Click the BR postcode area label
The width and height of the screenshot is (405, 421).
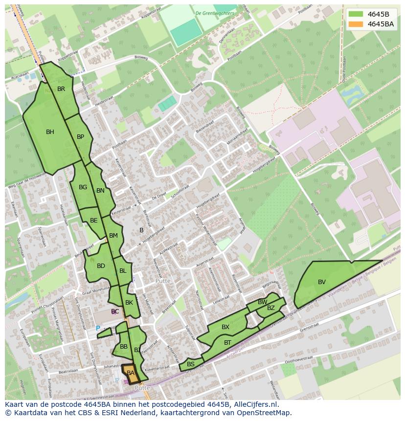pyautogui.click(x=61, y=89)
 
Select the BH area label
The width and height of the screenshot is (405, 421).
pyautogui.click(x=50, y=132)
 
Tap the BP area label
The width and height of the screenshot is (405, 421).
pyautogui.click(x=81, y=137)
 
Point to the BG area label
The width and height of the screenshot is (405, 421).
pyautogui.click(x=83, y=187)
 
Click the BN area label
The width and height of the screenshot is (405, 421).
pyautogui.click(x=100, y=191)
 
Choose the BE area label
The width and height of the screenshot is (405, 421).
pyautogui.click(x=94, y=221)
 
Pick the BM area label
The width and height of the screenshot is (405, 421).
pyautogui.click(x=113, y=236)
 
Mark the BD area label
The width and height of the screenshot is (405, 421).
pyautogui.click(x=101, y=266)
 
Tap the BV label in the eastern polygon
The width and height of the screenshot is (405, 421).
pyautogui.click(x=322, y=282)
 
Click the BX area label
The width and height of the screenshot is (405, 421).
pyautogui.click(x=225, y=327)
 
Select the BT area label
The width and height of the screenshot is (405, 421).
pyautogui.click(x=227, y=343)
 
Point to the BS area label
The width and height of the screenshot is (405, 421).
pyautogui.click(x=191, y=364)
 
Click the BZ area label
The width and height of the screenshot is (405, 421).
pyautogui.click(x=271, y=308)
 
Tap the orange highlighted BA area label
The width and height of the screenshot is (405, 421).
pyautogui.click(x=131, y=373)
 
